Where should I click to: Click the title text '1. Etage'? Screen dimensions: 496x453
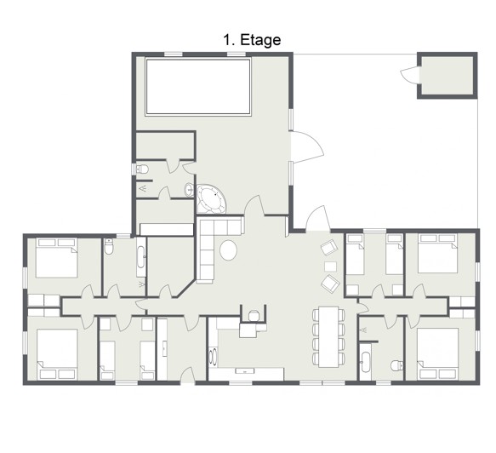tap(252, 40)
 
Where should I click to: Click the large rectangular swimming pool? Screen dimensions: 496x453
tap(198, 86)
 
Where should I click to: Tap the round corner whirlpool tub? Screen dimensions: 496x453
tap(210, 198)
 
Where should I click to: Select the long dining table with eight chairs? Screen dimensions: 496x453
tap(328, 336)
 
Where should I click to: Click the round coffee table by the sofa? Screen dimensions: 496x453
tap(228, 250)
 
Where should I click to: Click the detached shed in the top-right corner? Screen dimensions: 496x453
tap(448, 75)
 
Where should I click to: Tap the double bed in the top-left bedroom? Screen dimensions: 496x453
tap(57, 258)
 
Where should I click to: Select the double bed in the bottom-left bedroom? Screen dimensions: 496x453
tap(57, 354)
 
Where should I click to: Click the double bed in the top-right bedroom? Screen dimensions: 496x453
tap(438, 254)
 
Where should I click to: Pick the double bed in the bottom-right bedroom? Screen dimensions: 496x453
tap(438, 353)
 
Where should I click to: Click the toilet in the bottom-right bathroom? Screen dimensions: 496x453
tap(396, 365)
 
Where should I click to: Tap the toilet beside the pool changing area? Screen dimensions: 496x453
tap(142, 169)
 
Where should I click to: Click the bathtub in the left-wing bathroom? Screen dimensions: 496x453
tap(141, 257)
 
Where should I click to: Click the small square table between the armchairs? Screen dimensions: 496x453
tap(331, 267)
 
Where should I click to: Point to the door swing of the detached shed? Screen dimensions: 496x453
tap(409, 75)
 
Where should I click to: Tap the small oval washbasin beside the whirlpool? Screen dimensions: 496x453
tap(189, 190)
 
